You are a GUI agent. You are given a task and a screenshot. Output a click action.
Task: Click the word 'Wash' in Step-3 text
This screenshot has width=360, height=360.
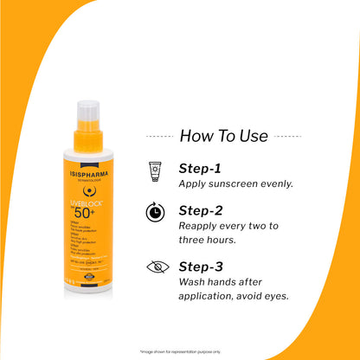click(x=194, y=282)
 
